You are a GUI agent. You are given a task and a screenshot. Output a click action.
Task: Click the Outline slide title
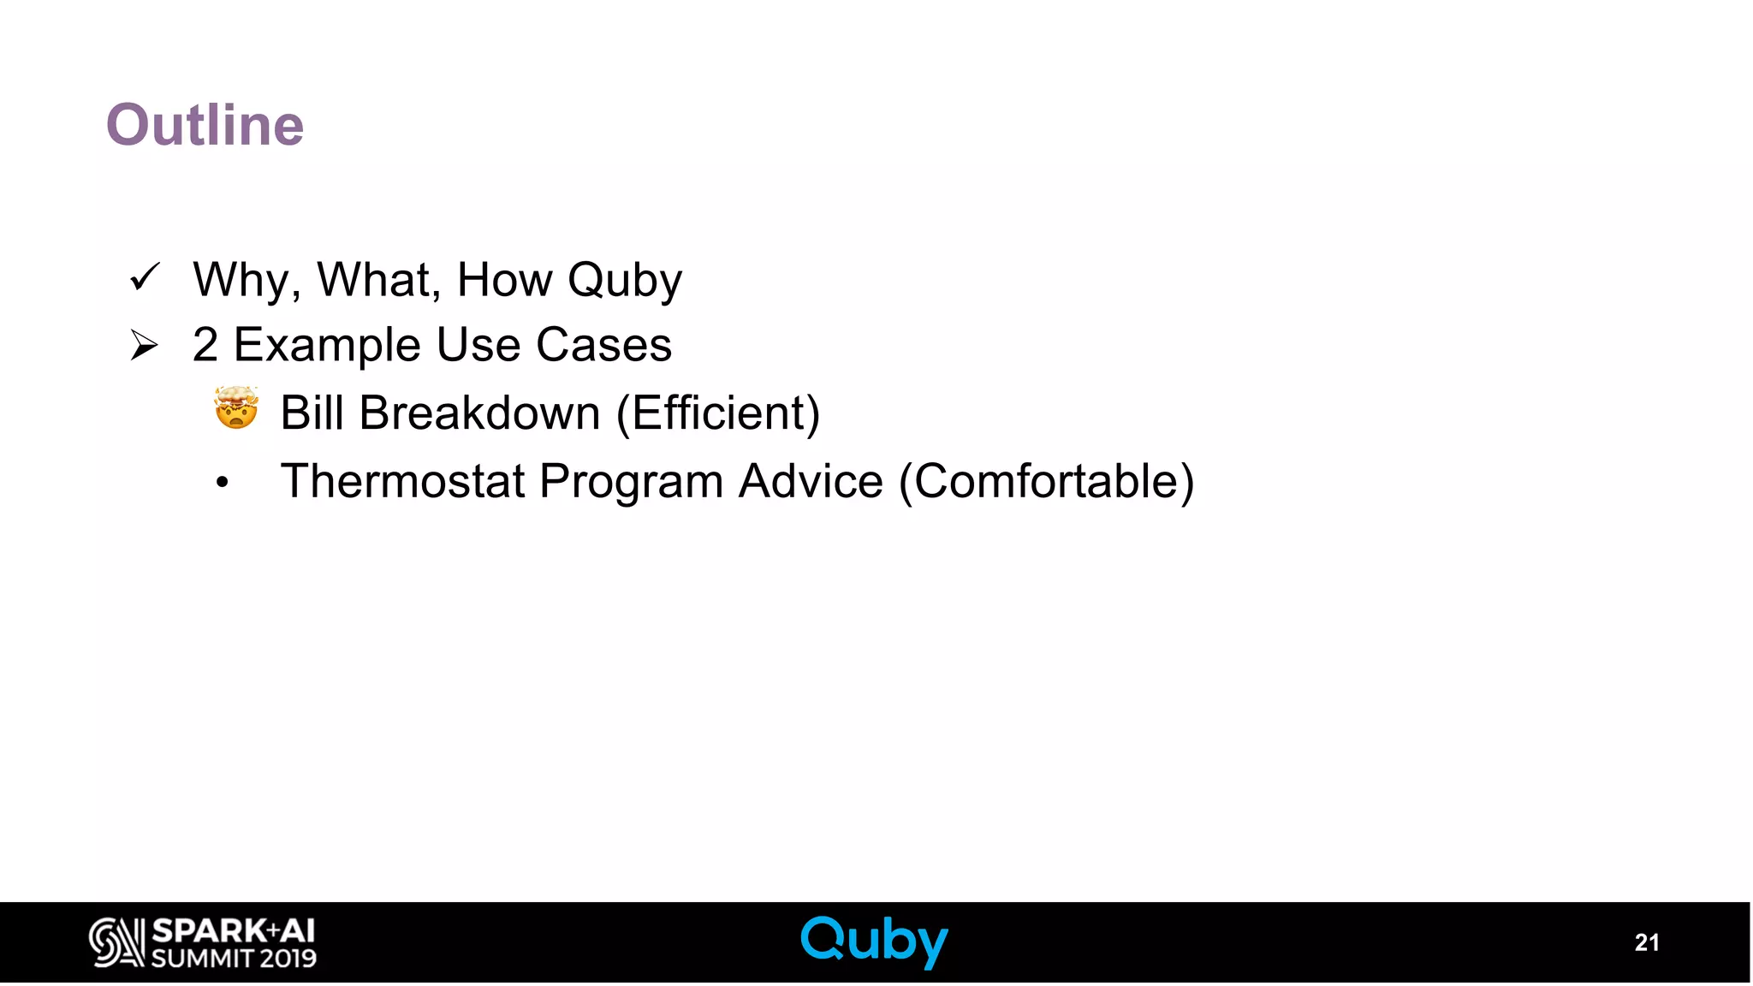coord(205,125)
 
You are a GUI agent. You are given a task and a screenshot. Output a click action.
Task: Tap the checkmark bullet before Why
coord(145,277)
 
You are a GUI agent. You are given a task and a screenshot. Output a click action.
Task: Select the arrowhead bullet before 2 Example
coord(144,346)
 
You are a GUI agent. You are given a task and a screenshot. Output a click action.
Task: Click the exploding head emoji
coord(236,407)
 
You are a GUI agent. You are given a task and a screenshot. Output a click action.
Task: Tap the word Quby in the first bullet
coord(625,281)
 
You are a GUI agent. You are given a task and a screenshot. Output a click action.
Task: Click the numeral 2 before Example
coord(205,345)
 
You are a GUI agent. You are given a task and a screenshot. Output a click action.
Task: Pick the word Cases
coord(603,345)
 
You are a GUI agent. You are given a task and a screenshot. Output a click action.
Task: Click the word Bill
coord(312,413)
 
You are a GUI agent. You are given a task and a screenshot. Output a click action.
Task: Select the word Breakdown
coord(479,413)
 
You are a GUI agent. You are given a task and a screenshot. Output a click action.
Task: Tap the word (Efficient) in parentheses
coord(718,413)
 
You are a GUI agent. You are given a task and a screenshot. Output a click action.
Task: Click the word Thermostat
coord(402,481)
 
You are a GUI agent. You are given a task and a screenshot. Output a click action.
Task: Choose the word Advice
coord(811,481)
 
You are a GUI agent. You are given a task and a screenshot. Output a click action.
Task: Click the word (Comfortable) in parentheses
coord(1046,482)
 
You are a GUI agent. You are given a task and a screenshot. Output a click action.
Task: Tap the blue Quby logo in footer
coord(874,941)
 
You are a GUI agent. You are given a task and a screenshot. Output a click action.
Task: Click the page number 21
coord(1646,942)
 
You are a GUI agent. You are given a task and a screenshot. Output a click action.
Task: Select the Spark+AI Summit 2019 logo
coord(203,942)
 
